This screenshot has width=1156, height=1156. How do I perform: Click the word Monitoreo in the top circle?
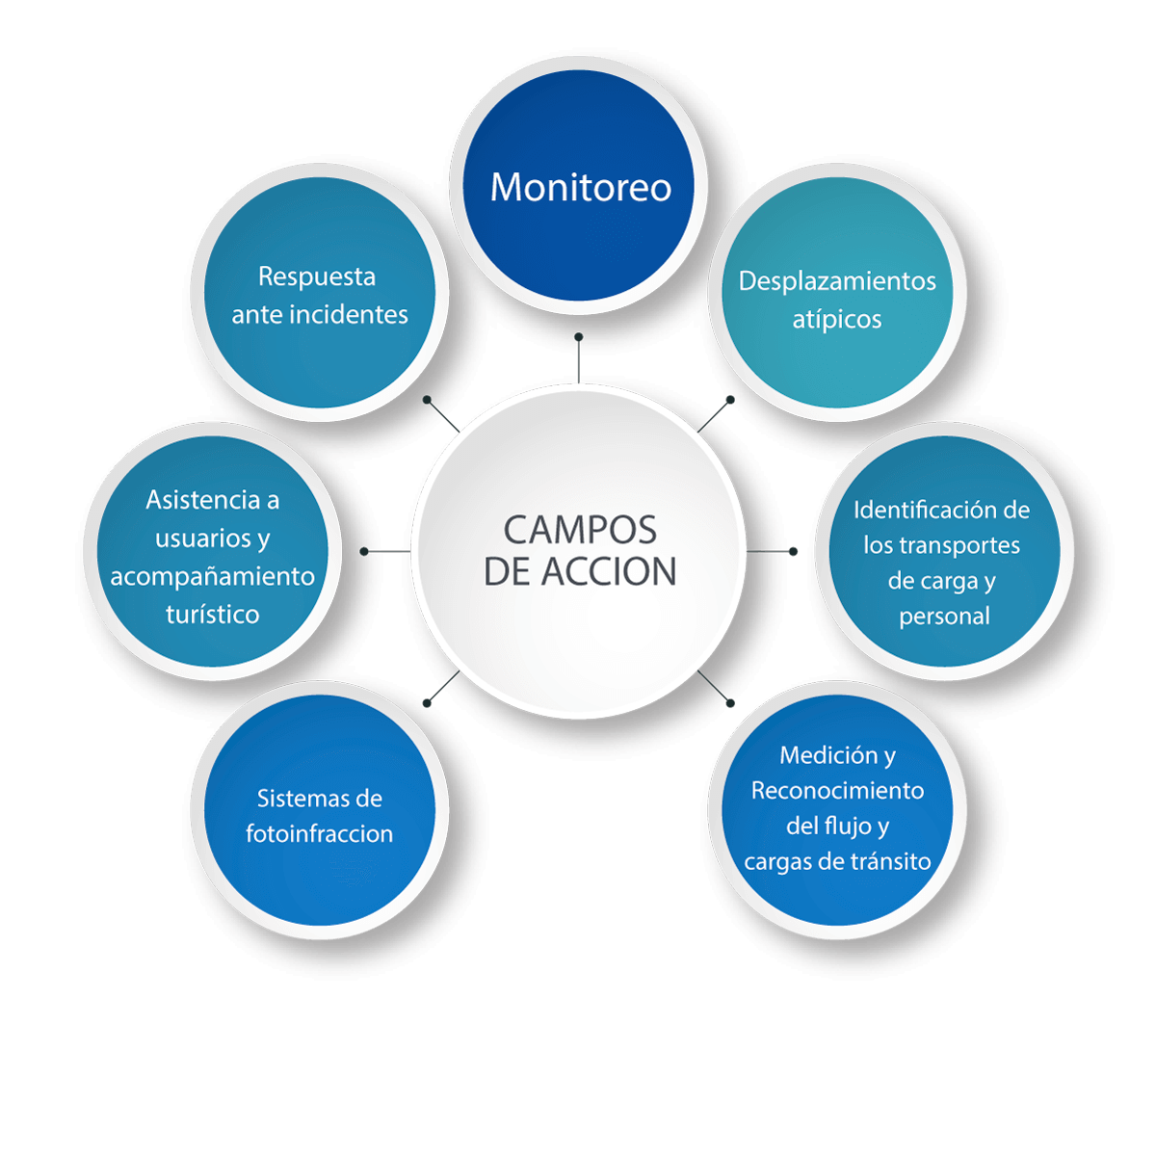[580, 187]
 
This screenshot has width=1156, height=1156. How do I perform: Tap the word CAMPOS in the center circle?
[580, 530]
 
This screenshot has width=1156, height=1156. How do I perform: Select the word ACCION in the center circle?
[609, 571]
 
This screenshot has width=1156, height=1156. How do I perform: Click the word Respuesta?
[317, 277]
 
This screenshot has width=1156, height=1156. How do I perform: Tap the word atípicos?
[837, 320]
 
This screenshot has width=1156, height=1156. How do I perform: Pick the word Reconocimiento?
[837, 791]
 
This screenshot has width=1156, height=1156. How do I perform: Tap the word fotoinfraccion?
[319, 834]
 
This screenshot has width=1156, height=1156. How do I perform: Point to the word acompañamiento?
[212, 577]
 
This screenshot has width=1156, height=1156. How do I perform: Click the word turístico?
[212, 615]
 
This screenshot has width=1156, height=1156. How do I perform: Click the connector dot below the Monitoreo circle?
[578, 337]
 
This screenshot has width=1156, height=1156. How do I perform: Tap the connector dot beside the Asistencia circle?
[364, 551]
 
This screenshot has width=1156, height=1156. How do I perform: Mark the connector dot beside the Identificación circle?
[793, 551]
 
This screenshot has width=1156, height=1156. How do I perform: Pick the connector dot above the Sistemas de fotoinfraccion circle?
[427, 703]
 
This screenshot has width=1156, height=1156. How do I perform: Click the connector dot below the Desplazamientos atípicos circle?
[730, 400]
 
